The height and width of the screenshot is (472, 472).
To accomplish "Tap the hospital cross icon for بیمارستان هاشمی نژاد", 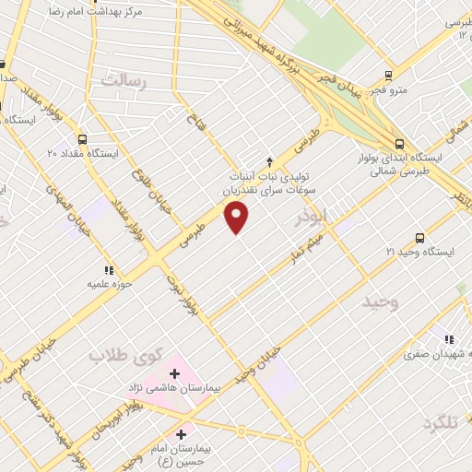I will (174, 373).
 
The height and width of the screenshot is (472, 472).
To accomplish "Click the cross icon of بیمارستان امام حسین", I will (181, 432).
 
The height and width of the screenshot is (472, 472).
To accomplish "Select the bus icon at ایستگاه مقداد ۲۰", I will (83, 139).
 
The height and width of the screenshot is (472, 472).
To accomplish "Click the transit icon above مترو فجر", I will (389, 77).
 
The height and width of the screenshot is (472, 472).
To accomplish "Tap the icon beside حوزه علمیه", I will (108, 270).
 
